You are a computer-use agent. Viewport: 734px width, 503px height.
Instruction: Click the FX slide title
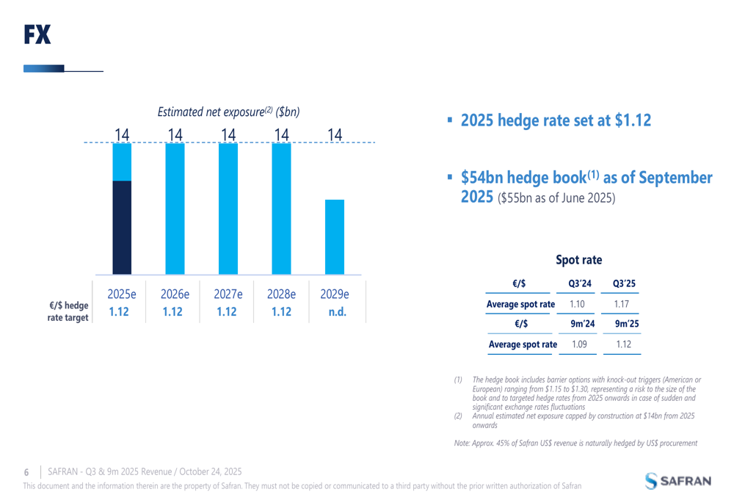pos(37,34)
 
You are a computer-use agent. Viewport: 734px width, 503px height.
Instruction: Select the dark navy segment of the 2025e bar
pos(122,228)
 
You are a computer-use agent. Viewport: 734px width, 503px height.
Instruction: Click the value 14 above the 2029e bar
pos(335,134)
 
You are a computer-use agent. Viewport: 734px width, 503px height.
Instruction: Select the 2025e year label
pos(122,294)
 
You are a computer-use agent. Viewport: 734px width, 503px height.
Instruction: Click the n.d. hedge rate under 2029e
pos(335,311)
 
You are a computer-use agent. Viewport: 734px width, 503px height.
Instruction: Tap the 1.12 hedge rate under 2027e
pos(228,311)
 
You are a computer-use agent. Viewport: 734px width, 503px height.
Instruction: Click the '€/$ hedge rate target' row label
pos(68,311)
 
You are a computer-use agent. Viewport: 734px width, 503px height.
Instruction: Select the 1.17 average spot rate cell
pos(624,304)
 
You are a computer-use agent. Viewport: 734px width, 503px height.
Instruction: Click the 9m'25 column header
pos(624,324)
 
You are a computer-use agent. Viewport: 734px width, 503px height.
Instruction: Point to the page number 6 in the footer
pos(27,471)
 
